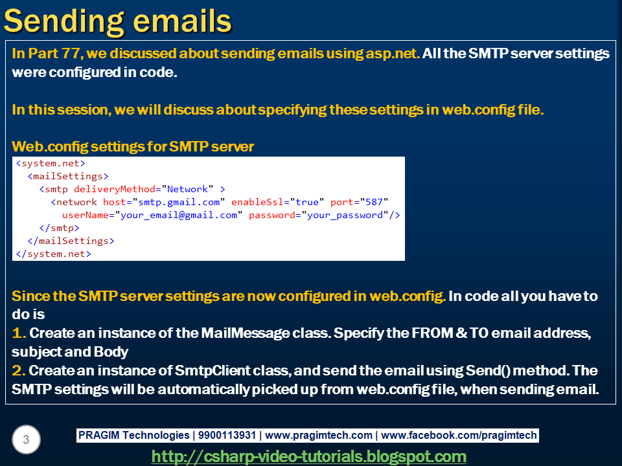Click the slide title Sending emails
(117, 21)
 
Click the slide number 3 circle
(26, 440)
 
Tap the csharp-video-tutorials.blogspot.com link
(308, 456)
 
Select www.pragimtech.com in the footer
(319, 436)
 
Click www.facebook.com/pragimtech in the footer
(460, 436)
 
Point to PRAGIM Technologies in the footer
(133, 436)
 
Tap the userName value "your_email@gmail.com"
(179, 215)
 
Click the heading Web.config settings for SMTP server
(133, 147)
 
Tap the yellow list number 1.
(18, 334)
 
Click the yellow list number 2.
(18, 371)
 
